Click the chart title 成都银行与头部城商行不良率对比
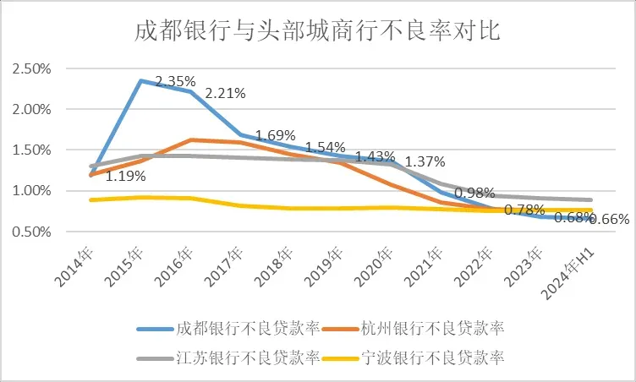(x=319, y=31)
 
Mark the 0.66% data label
(x=609, y=219)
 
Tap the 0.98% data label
(x=474, y=194)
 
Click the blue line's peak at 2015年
(x=140, y=81)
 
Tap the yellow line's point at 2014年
(x=90, y=199)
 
